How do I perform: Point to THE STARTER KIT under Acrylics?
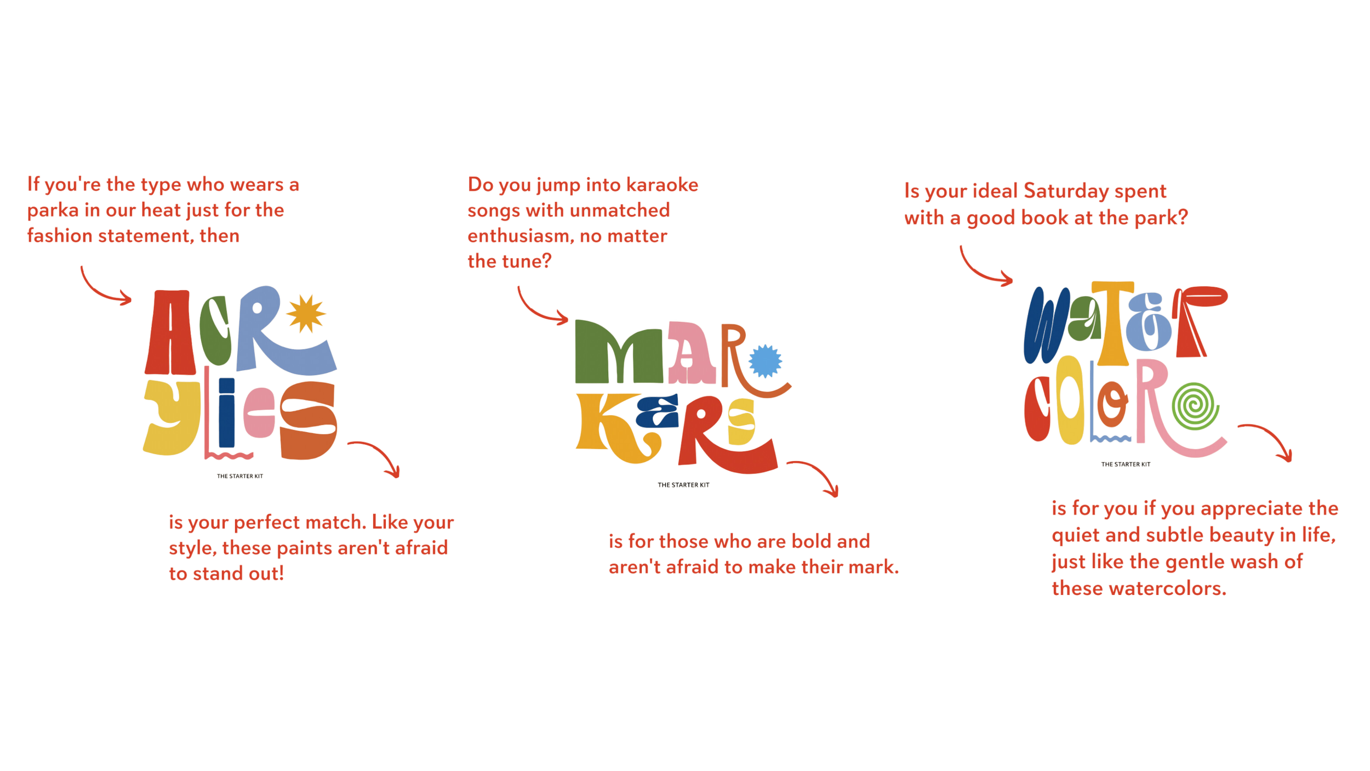241,476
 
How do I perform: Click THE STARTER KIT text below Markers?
684,485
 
